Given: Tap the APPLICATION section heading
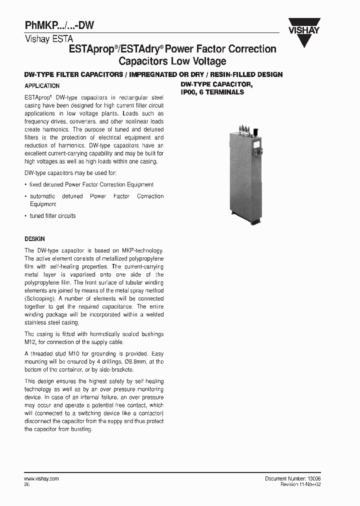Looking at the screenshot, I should [42, 86].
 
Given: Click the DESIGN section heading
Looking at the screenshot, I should [34, 239].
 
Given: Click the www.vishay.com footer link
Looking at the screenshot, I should [41, 478].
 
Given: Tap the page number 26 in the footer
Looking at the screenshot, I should [27, 484].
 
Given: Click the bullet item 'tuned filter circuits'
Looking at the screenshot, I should [52, 216].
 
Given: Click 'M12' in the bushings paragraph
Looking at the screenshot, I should [29, 342].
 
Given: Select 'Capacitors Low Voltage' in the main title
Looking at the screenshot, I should [172, 61].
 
